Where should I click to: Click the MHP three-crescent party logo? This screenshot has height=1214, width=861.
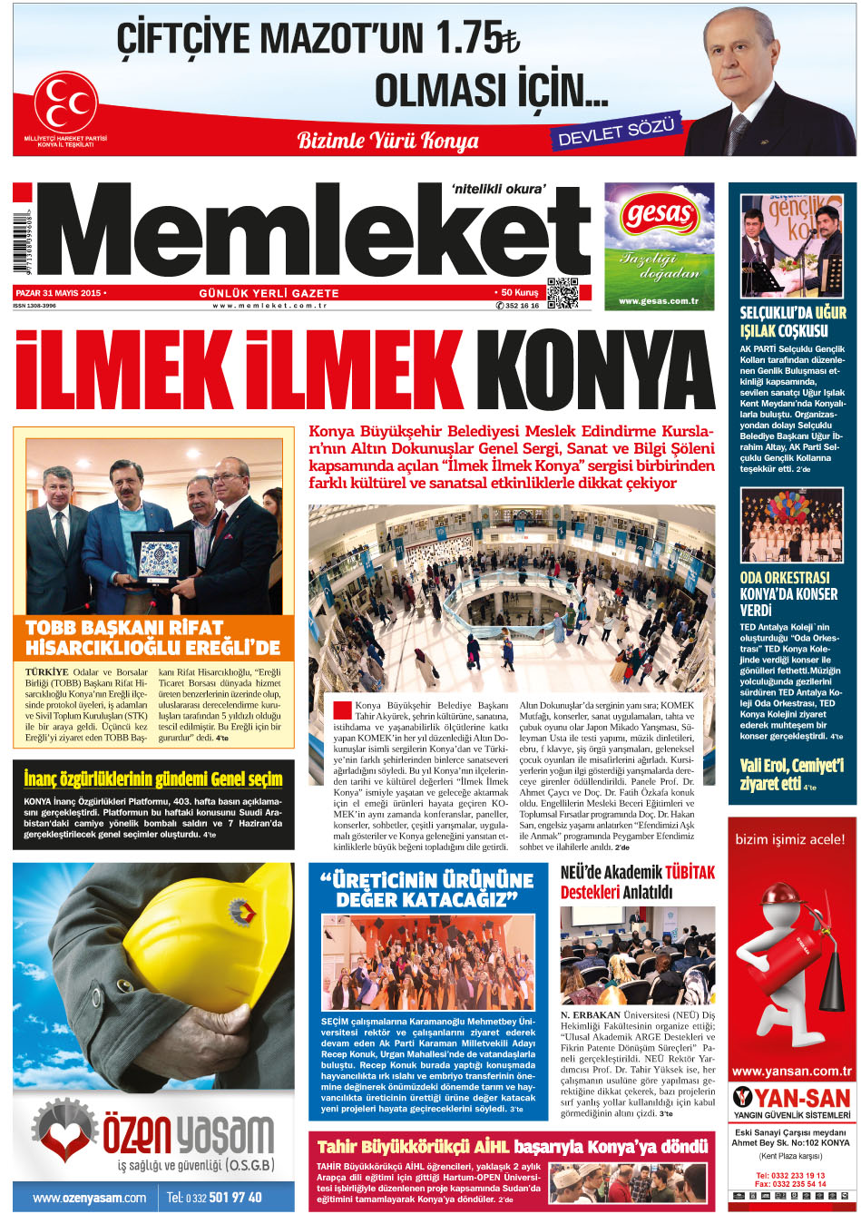pyautogui.click(x=65, y=101)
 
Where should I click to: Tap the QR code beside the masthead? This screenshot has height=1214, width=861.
pyautogui.click(x=563, y=292)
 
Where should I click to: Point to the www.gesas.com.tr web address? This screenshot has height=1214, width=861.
pyautogui.click(x=659, y=300)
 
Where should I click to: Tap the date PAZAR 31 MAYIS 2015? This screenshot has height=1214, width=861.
pyautogui.click(x=60, y=293)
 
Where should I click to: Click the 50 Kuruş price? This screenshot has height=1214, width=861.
pyautogui.click(x=517, y=293)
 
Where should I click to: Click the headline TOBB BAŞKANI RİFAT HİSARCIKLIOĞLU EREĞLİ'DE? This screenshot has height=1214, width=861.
pyautogui.click(x=152, y=638)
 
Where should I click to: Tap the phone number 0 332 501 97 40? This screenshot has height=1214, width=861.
pyautogui.click(x=223, y=1197)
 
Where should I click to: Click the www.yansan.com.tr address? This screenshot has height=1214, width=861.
pyautogui.click(x=792, y=1071)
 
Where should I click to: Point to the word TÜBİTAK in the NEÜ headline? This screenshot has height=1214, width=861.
pyautogui.click(x=690, y=873)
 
